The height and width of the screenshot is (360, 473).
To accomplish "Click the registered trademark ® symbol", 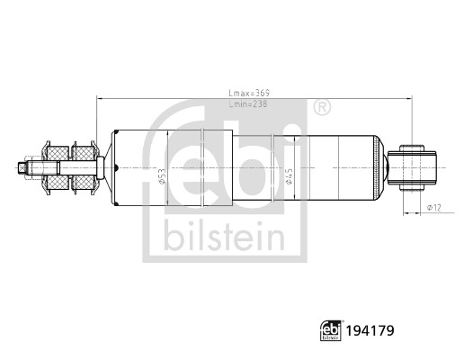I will [x=321, y=109].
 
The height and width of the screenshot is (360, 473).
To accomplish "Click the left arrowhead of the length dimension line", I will [x=99, y=99].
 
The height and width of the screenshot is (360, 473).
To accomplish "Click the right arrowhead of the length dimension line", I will [x=410, y=99].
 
